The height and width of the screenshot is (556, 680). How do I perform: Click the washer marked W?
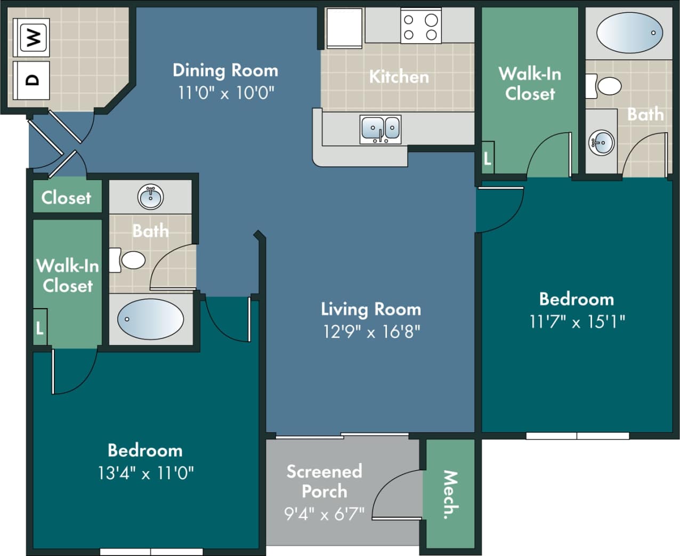coord(34,37)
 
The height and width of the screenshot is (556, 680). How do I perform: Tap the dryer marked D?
coord(32,80)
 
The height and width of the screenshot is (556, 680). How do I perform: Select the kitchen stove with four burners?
coord(420,27)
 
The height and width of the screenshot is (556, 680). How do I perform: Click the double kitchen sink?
coord(381,129)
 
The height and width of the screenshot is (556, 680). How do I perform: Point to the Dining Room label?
coord(225,70)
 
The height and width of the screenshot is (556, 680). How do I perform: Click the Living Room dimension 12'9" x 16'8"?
coord(371,332)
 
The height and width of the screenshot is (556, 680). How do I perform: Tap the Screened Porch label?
coord(324,481)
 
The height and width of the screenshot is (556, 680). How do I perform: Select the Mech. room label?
coord(450,494)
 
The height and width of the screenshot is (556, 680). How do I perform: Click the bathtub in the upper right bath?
coord(629,33)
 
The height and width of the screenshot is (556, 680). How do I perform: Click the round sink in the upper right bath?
coord(602,142)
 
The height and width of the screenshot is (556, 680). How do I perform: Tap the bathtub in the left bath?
coord(150,319)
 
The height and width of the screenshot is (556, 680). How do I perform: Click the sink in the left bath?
coord(151,197)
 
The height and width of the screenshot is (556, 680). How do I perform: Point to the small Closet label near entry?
coord(66,198)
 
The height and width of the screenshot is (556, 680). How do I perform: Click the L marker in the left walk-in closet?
coord(40,328)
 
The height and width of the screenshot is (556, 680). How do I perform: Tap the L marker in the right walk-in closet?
coord(487,158)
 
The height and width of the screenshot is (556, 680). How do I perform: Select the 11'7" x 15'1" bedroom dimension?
coord(577,321)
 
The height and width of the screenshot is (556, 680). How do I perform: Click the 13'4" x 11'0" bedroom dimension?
coord(145,473)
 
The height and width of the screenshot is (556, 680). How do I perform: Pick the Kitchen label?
coord(399,77)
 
